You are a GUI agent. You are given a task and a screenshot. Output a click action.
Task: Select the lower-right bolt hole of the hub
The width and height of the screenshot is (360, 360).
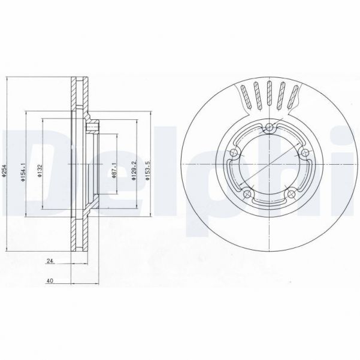[293, 193]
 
